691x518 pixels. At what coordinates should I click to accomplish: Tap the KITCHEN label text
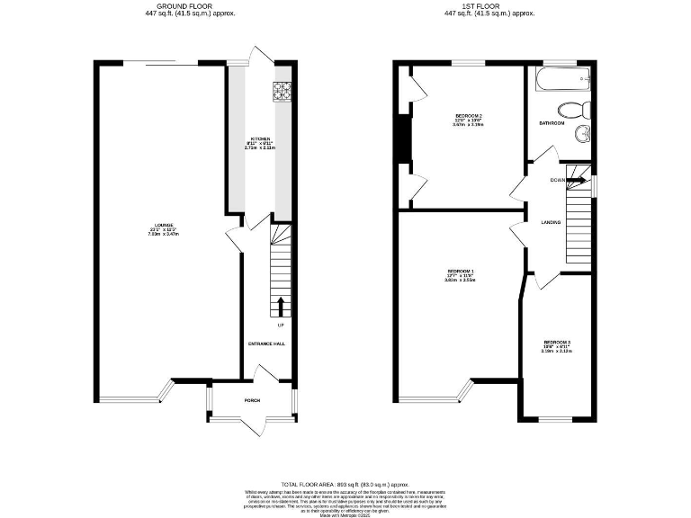tap(260, 138)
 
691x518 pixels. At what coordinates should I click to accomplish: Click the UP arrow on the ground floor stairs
tap(281, 305)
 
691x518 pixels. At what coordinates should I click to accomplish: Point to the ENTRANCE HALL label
tap(266, 344)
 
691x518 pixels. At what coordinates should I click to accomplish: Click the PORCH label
tap(252, 400)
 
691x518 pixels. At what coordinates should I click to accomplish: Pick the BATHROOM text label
tap(552, 123)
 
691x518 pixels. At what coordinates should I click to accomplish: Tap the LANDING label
tap(551, 222)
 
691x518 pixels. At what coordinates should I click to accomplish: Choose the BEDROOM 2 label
tap(469, 117)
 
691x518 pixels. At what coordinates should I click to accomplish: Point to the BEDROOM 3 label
tap(557, 343)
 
